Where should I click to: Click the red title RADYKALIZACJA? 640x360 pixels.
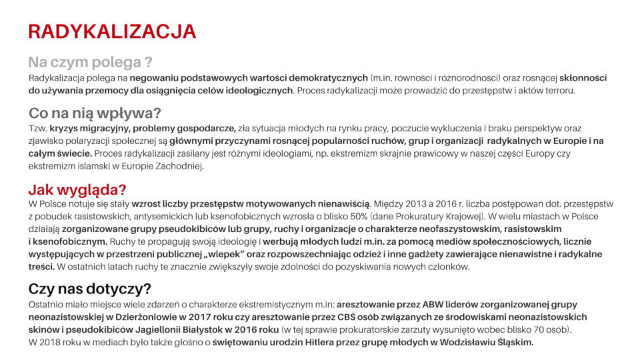tap(112, 31)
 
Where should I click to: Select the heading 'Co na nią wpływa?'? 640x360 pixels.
tap(95, 113)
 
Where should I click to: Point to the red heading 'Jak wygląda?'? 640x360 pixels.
tap(77, 189)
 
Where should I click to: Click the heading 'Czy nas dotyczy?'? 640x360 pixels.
tap(89, 289)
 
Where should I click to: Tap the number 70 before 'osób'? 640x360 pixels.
tap(535, 330)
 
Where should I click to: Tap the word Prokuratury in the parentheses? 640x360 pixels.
tap(412, 217)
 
